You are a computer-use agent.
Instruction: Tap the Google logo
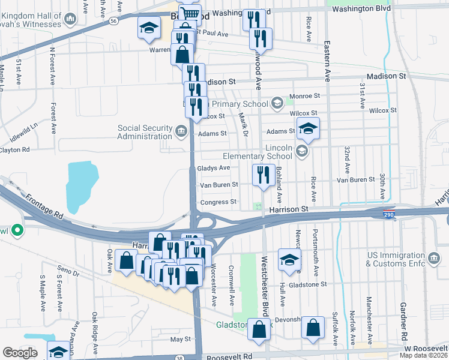(x=20, y=353)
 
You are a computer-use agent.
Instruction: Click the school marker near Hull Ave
(x=289, y=260)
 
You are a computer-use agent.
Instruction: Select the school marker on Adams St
(x=308, y=128)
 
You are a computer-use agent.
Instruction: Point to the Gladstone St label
(x=306, y=284)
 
